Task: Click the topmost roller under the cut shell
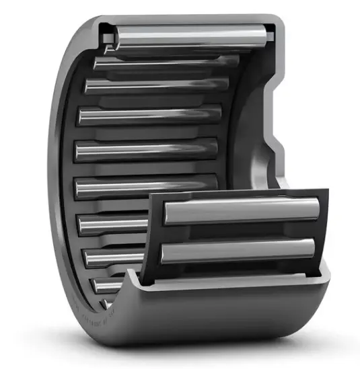click(188, 36)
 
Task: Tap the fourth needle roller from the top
click(149, 115)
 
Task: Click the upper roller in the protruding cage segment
click(239, 214)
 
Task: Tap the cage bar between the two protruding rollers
click(239, 233)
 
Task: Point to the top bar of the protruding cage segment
click(239, 196)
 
